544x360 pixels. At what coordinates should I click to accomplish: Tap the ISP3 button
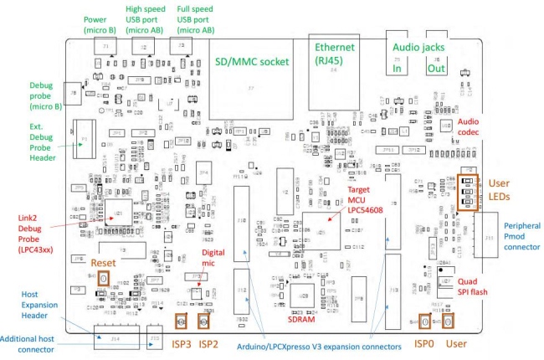pyautogui.click(x=180, y=321)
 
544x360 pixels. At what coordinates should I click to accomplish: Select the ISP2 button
pyautogui.click(x=203, y=321)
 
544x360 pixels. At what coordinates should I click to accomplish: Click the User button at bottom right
pyautogui.click(x=449, y=321)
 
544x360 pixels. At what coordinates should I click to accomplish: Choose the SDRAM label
pyautogui.click(x=302, y=318)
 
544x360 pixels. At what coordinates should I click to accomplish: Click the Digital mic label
pyautogui.click(x=214, y=258)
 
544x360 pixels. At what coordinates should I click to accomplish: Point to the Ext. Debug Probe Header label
pyautogui.click(x=42, y=139)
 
